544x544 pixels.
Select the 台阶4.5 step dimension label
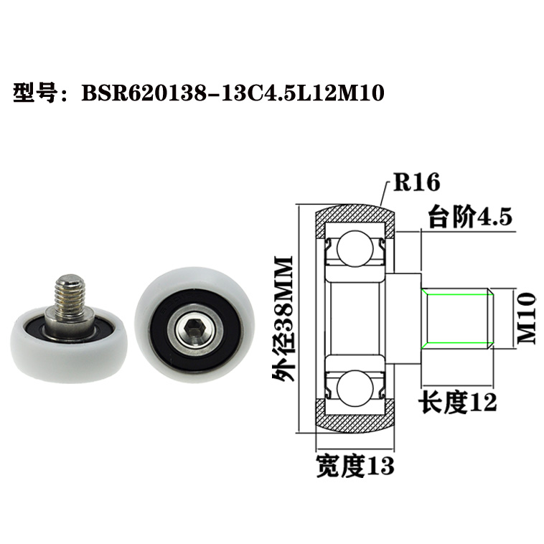469,216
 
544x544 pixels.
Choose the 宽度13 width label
355,466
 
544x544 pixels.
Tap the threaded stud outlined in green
456,317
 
